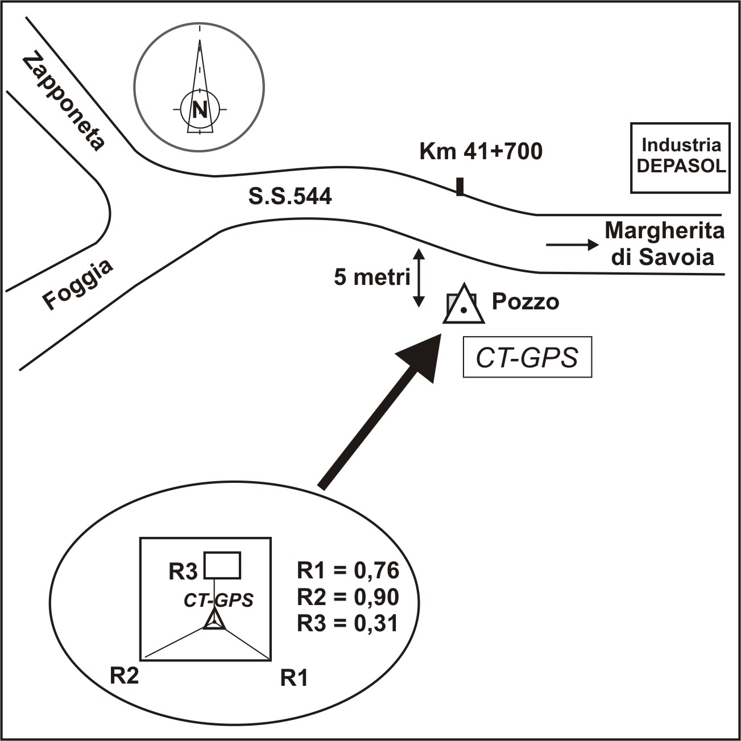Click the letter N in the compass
coord(199,109)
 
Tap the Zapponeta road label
coord(64,103)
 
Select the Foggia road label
coord(78,284)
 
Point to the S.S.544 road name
coord(290,197)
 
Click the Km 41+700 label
coord(481,152)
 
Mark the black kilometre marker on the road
coord(460,187)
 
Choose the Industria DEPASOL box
coord(681,157)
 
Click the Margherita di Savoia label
coord(664,244)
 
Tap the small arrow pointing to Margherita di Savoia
coord(572,245)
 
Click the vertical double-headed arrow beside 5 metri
coord(419,278)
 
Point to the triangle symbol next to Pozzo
coord(464,306)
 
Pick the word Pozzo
coord(525,301)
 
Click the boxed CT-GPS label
coord(527,358)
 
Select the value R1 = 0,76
coord(348,570)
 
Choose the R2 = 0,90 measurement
coord(348,597)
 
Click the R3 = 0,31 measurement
coord(348,624)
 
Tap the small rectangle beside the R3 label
coord(222,565)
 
